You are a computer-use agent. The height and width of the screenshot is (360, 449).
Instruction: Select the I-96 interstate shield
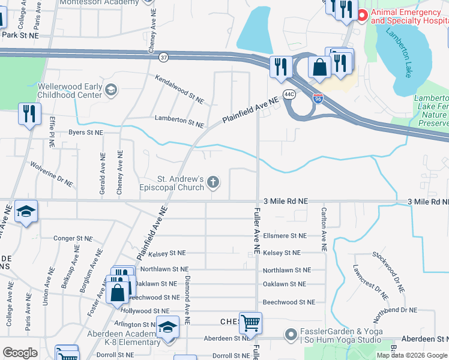[x=318, y=98]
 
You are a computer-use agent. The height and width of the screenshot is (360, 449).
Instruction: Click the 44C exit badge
[x=289, y=94]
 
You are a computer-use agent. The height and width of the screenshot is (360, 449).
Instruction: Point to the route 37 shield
[x=163, y=58]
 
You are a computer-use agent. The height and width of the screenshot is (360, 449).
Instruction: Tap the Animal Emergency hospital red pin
[x=362, y=16]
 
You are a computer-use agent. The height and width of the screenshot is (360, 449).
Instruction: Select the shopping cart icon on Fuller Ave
[x=250, y=323]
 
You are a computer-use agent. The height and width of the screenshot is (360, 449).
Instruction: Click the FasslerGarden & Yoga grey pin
[x=291, y=334]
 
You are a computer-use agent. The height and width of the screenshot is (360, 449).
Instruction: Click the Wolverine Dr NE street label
[x=52, y=174]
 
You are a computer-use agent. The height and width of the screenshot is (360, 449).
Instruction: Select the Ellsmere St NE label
[x=285, y=236]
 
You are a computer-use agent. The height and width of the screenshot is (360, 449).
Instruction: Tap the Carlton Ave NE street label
[x=324, y=229]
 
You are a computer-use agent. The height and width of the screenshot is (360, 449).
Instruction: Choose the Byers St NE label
[x=86, y=132]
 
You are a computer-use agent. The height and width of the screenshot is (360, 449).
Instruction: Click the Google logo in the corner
[x=20, y=353]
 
